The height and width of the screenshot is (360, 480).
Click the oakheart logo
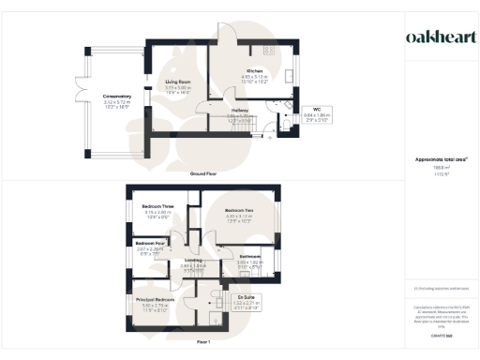[440, 37]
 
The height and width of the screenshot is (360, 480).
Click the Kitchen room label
[254, 72]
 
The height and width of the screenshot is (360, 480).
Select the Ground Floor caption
[203, 174]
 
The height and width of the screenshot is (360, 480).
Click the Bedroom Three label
[157, 208]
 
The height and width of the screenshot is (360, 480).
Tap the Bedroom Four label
[150, 246]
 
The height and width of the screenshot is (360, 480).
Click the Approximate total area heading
[440, 159]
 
